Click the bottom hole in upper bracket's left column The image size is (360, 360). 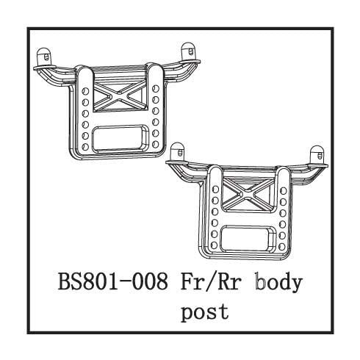(84, 146)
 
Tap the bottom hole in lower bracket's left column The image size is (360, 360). (214, 245)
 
